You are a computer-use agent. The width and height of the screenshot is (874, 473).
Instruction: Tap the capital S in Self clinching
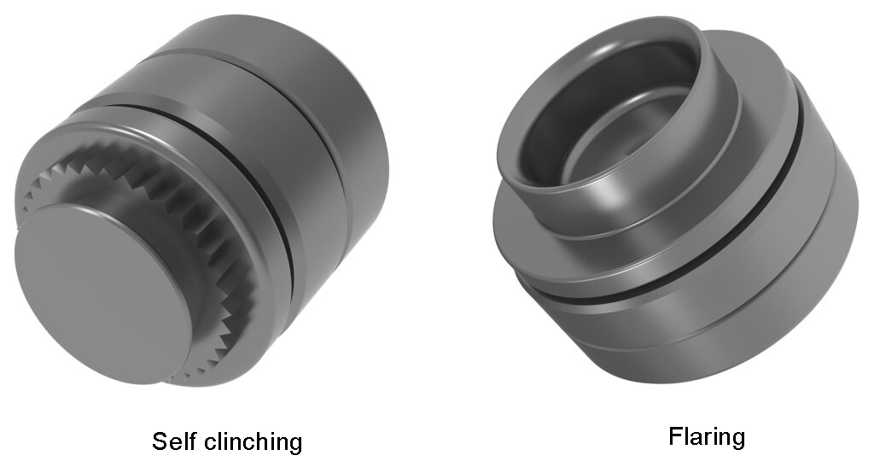(160, 441)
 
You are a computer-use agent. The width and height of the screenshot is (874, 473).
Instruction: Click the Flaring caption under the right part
(707, 437)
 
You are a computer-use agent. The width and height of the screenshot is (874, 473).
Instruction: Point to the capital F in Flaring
(675, 437)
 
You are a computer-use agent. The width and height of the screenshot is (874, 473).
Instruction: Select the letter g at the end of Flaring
(737, 440)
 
